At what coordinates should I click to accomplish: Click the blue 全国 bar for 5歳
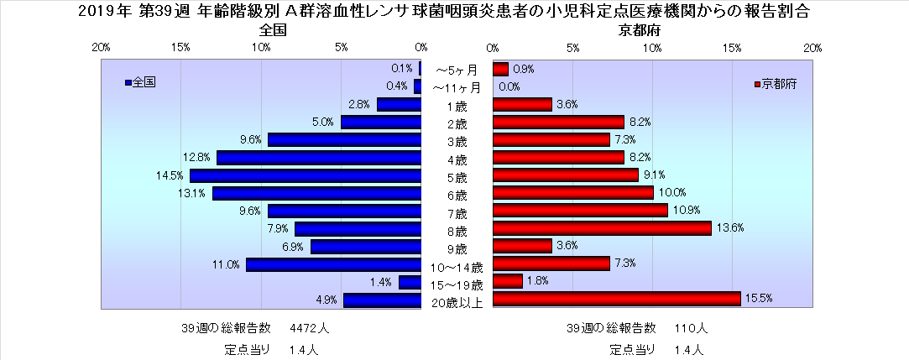[305, 175]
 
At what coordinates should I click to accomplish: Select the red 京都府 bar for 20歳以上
[617, 299]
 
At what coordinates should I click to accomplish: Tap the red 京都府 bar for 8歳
[602, 228]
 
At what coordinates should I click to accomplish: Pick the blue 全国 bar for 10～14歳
[333, 264]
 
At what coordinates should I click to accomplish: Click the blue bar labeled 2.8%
[399, 105]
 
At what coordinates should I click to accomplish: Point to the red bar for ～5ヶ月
[500, 69]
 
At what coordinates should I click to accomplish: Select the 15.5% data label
[757, 299]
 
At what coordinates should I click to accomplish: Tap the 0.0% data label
[509, 86]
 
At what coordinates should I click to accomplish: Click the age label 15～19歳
[457, 285]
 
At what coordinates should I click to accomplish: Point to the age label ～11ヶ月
[457, 87]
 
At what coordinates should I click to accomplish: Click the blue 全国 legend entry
[140, 83]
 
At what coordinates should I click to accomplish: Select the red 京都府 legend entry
[780, 85]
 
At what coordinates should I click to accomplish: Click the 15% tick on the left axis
[180, 49]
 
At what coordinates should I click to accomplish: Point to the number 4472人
[309, 327]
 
